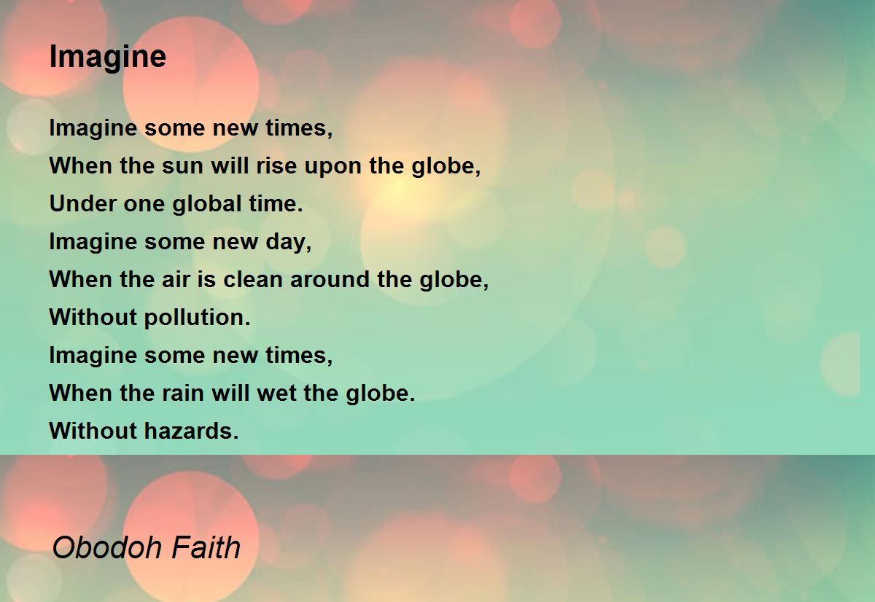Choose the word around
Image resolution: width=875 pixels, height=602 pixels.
coord(330,280)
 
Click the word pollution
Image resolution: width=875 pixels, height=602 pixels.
coord(196,318)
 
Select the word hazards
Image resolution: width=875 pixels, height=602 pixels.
coord(190,431)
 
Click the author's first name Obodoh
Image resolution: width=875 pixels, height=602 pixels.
coord(107,547)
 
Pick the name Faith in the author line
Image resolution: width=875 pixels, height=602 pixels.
coord(206,547)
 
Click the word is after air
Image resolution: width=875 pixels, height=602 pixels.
coord(206,280)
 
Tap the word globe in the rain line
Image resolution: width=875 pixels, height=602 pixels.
coord(380,394)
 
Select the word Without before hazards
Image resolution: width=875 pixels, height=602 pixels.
coord(93,431)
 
